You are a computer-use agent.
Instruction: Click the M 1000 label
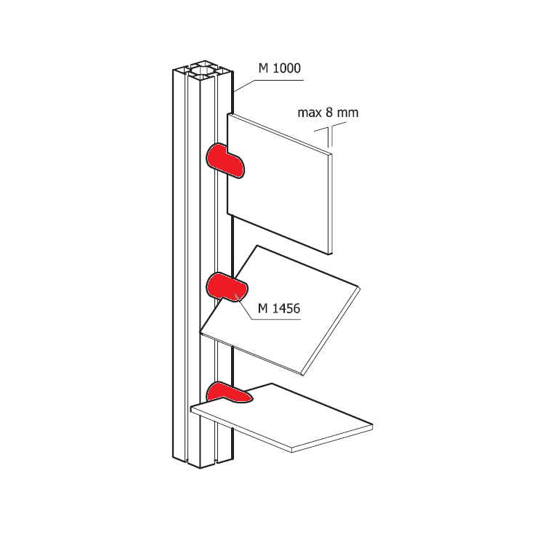click(280, 68)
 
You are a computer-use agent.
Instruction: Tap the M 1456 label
click(279, 308)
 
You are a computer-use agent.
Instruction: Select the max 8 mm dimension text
click(328, 113)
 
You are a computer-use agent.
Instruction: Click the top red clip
click(225, 161)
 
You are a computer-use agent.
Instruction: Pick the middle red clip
click(227, 287)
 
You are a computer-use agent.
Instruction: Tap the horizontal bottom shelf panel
click(281, 417)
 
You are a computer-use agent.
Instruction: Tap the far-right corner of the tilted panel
click(360, 288)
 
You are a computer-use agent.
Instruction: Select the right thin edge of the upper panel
click(331, 204)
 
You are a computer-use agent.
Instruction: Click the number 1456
click(286, 308)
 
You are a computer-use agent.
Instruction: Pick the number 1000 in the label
click(286, 68)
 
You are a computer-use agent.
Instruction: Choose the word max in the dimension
click(310, 113)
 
